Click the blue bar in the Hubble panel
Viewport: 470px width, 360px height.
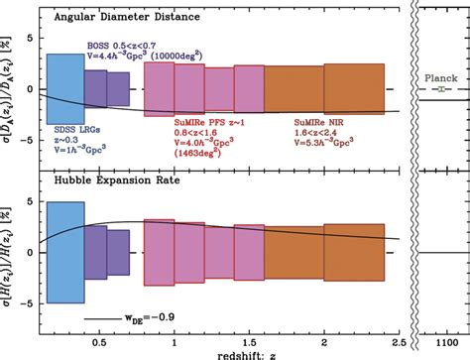coord(66,251)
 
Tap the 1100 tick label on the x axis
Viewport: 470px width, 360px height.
coord(440,339)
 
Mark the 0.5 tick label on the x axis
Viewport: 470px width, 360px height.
coord(99,339)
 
